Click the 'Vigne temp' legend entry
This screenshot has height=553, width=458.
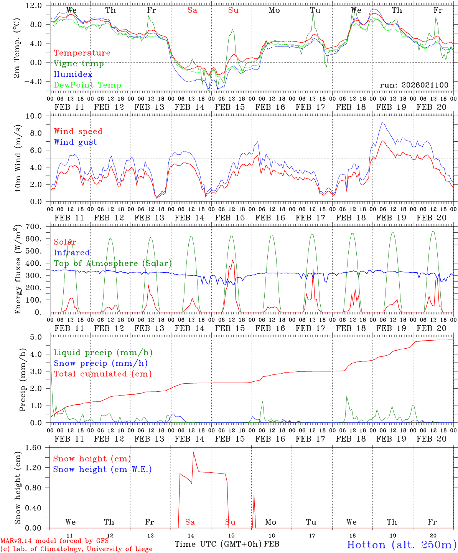pos(79,64)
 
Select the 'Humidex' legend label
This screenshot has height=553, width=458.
pos(73,75)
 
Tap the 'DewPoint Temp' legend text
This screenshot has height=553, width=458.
pos(87,85)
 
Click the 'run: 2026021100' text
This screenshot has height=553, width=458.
pos(414,85)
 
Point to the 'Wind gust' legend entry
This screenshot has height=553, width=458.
pos(75,142)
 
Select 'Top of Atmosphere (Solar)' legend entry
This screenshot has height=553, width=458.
pos(112,263)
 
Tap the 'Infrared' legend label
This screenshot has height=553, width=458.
pos(72,253)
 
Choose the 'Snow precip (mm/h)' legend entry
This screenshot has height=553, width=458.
pos(100,363)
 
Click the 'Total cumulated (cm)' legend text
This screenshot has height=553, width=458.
pos(102,374)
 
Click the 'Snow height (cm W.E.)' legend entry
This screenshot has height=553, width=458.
pos(102,469)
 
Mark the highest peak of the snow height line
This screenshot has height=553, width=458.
pos(193,452)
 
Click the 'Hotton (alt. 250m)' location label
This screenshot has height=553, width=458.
pos(401,545)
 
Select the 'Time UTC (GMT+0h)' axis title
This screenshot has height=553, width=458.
pos(218,544)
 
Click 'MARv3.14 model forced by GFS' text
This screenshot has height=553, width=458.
pos(54,541)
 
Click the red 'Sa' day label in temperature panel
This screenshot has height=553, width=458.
pos(192,10)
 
